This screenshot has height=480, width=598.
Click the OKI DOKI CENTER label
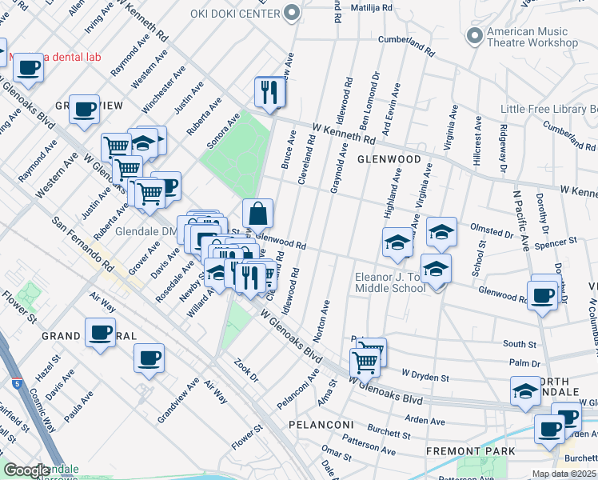[x=234, y=14]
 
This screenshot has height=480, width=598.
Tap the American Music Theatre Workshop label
[x=528, y=37]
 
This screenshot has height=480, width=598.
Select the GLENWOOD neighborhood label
[x=389, y=159]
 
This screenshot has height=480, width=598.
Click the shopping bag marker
[x=257, y=214]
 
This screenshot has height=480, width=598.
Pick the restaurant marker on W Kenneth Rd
[x=270, y=92]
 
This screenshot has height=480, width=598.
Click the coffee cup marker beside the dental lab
[x=29, y=68]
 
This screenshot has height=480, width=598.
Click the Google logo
[x=26, y=470]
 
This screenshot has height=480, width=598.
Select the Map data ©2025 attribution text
[x=564, y=474]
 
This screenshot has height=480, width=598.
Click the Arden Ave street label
[x=425, y=419]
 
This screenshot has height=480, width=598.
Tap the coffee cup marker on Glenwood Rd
[x=543, y=294]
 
